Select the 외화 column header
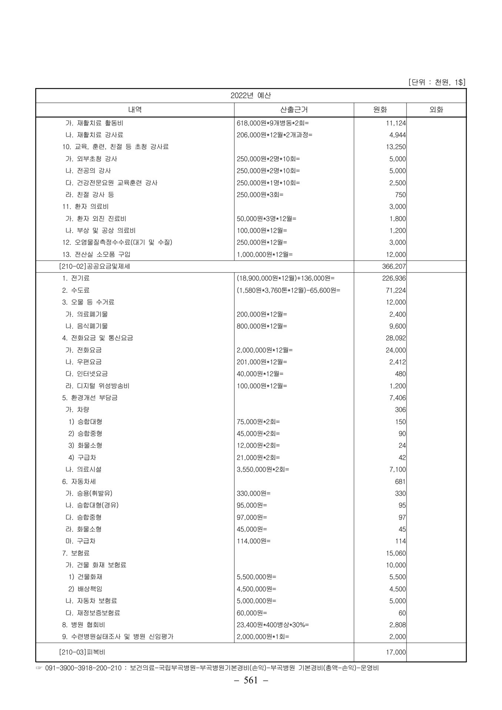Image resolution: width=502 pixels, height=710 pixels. [436, 110]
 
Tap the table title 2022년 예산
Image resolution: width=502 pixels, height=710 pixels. [251, 95]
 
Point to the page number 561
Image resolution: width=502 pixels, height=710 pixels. [251, 680]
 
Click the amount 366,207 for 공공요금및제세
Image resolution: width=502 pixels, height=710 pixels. [394, 266]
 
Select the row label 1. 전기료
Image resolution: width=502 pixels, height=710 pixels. [76, 278]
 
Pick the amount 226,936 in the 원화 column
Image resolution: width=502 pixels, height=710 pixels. [394, 278]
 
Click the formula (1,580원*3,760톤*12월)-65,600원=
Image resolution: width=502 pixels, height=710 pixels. [288, 290]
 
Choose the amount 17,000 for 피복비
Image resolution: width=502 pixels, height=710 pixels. [396, 652]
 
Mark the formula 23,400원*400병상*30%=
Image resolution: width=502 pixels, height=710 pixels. [273, 625]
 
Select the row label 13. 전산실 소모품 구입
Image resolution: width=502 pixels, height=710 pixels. [96, 254]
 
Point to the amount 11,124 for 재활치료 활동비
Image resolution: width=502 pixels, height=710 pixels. [396, 123]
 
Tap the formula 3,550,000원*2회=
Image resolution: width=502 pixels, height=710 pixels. [263, 469]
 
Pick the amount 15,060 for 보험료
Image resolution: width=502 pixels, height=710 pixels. [396, 553]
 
